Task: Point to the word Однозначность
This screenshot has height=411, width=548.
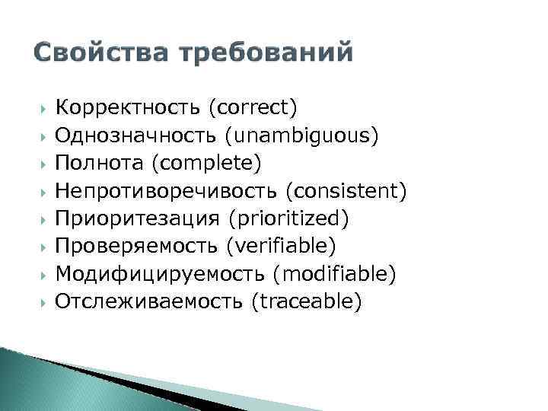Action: [134, 135]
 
